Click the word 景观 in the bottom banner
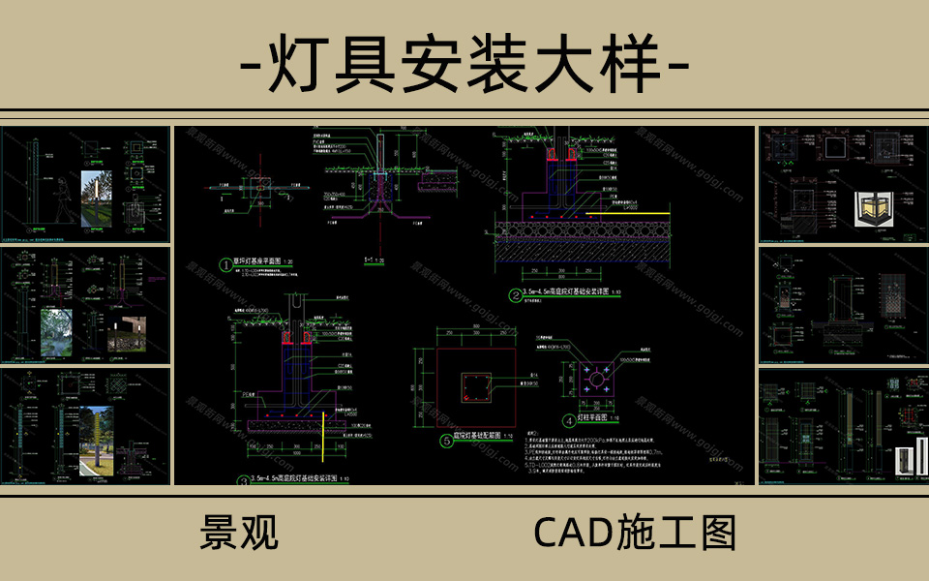(x=239, y=532)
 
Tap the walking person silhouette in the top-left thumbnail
(x=61, y=203)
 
